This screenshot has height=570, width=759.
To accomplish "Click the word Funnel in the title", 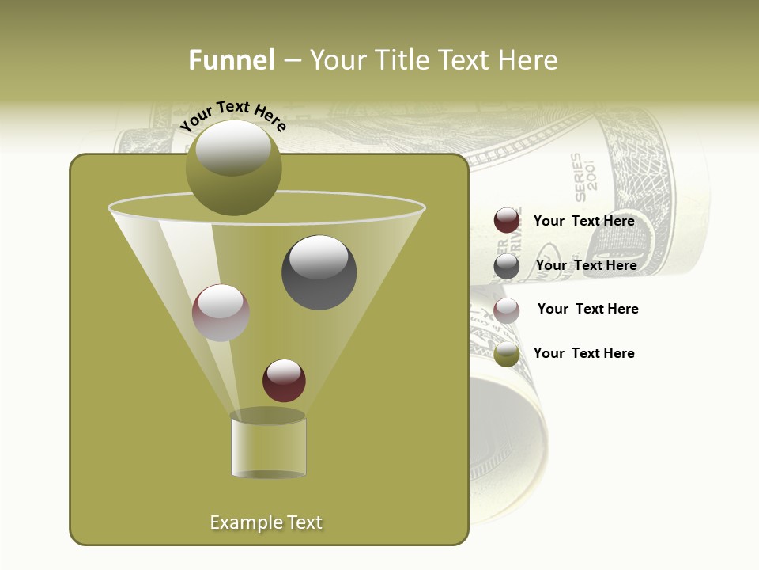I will [232, 60].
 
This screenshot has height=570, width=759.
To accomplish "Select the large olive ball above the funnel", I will [233, 168].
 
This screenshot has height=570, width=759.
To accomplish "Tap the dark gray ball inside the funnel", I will [319, 272].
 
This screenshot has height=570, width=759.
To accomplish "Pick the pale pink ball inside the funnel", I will [221, 313].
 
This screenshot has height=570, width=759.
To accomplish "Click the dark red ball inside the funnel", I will [284, 380].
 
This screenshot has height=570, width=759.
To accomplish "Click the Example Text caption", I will [266, 522].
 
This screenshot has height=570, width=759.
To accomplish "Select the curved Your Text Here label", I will [232, 115].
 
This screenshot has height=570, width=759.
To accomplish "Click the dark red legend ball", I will [507, 220].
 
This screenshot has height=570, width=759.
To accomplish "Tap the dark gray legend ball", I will [507, 266].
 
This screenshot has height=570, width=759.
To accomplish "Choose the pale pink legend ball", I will [507, 310].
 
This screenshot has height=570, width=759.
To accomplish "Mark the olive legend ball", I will [507, 354].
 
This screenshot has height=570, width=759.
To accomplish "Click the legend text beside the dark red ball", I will [583, 221].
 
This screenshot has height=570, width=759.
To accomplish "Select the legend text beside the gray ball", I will [586, 265].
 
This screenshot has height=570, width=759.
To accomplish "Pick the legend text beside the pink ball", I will [587, 309].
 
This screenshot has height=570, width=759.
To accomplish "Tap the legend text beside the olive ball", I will [583, 353].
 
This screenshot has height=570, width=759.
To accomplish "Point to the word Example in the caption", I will [242, 522].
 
